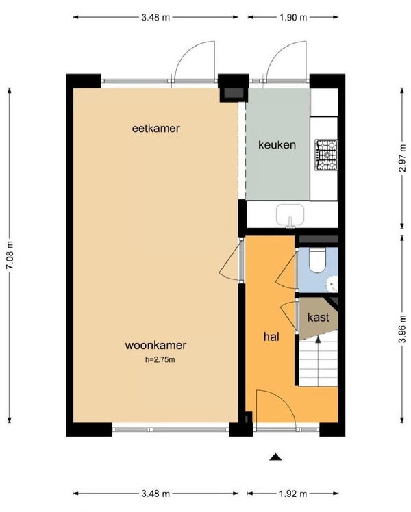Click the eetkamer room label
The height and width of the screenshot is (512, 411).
(x=156, y=128)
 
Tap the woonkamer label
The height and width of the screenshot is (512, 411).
(x=155, y=345)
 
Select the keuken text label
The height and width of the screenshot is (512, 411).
(x=277, y=144)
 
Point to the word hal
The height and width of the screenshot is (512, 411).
(x=271, y=337)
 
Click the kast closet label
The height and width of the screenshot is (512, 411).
(x=318, y=317)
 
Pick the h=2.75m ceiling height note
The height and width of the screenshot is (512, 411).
(x=160, y=360)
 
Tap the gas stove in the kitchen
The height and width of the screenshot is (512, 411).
(x=326, y=155)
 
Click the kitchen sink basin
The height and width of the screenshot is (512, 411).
(x=290, y=214)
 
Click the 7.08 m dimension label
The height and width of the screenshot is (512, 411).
(x=10, y=255)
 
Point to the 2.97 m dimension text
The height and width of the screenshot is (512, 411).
(x=404, y=158)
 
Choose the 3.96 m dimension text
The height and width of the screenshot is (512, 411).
(x=403, y=329)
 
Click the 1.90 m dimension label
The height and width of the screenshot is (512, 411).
(x=293, y=17)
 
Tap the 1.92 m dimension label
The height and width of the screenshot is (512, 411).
(x=293, y=494)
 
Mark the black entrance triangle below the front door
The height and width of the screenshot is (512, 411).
(x=275, y=457)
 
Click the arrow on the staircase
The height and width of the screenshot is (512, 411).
(x=318, y=340)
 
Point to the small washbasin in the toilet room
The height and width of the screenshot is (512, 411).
(x=333, y=284)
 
